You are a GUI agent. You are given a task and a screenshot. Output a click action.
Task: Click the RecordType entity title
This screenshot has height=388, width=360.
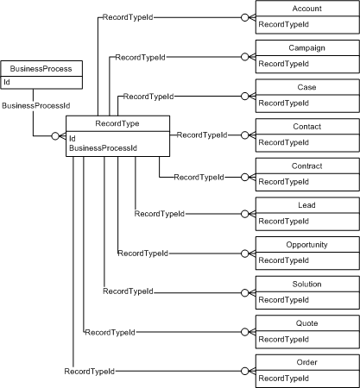pos(117,123)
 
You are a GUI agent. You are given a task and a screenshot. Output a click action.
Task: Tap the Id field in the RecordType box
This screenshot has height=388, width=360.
pos(73,137)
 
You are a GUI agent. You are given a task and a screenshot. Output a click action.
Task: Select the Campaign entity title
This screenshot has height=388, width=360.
pos(306,47)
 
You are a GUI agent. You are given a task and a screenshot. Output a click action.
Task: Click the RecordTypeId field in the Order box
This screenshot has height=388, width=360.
pos(284,378)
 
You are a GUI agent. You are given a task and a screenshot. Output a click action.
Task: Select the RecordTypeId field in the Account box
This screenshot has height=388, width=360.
pos(284,23)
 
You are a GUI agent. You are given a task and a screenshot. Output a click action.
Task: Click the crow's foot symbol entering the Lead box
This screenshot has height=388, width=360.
pos(247,214)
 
